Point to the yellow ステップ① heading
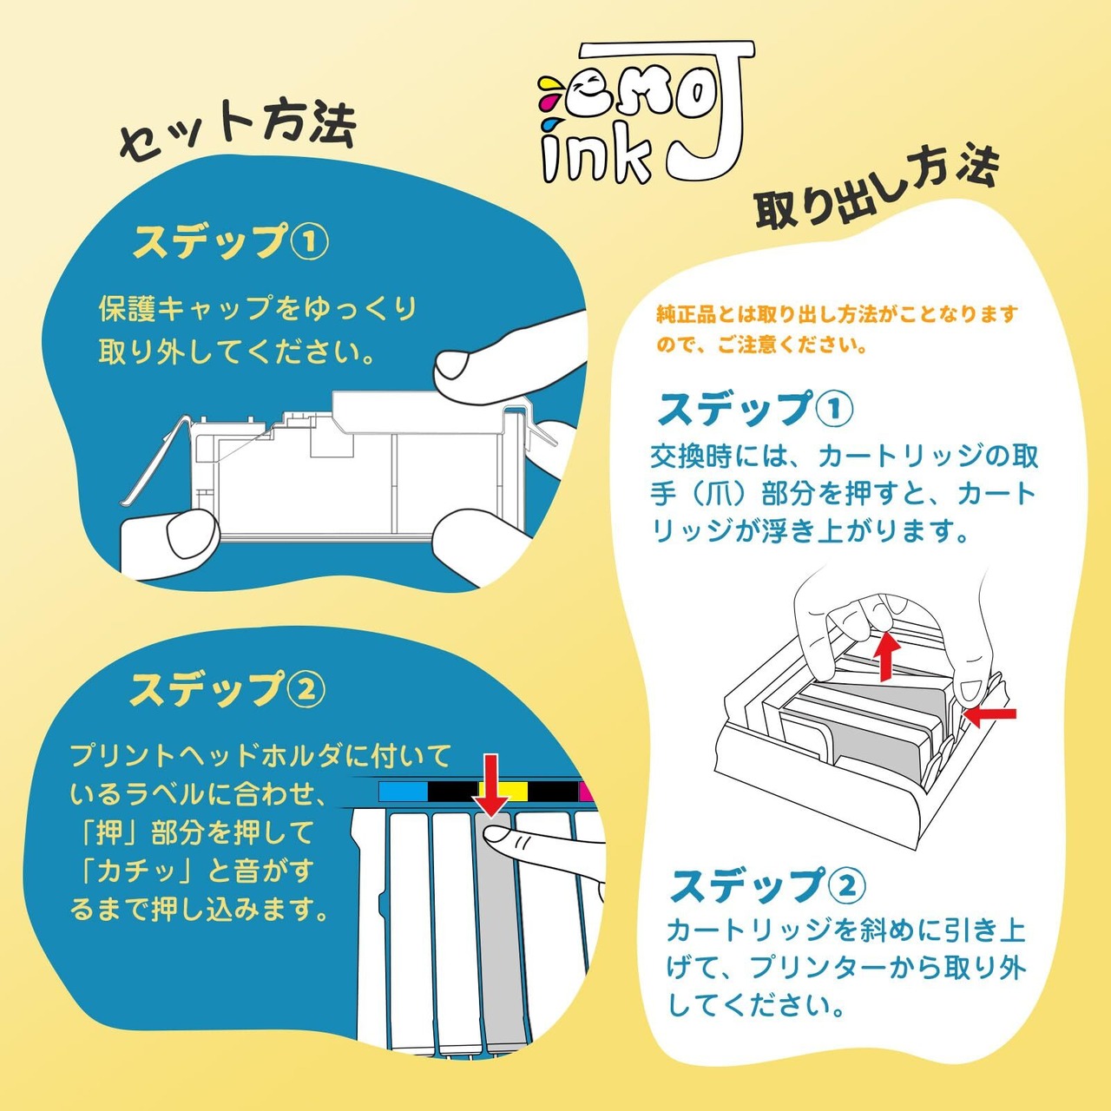(x=230, y=243)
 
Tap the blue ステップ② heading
(x=767, y=886)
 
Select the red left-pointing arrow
(x=990, y=714)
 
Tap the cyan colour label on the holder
(x=404, y=792)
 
